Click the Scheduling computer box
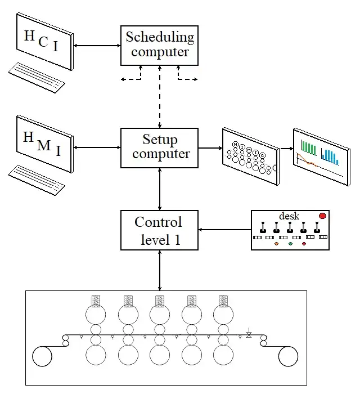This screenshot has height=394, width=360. (159, 46)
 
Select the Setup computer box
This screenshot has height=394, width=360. (159, 147)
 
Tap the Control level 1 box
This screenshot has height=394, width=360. (159, 230)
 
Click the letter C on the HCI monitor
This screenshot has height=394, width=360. (43, 42)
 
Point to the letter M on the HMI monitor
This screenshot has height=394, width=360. (44, 146)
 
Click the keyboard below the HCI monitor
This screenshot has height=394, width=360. (37, 78)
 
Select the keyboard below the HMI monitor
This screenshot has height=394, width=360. (37, 180)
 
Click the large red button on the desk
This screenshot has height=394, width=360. (322, 216)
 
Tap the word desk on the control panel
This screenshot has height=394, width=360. (289, 216)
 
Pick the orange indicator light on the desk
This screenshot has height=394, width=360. (276, 244)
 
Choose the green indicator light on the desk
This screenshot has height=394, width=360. (290, 244)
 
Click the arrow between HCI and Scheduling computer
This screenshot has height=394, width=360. (97, 46)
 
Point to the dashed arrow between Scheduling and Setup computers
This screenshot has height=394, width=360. (160, 97)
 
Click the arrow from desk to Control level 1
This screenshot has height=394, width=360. (224, 230)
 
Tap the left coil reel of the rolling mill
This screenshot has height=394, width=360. (42, 356)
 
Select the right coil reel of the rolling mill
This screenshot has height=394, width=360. (288, 356)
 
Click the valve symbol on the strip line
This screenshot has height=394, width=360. (249, 333)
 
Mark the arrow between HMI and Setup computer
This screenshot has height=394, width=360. (97, 147)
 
